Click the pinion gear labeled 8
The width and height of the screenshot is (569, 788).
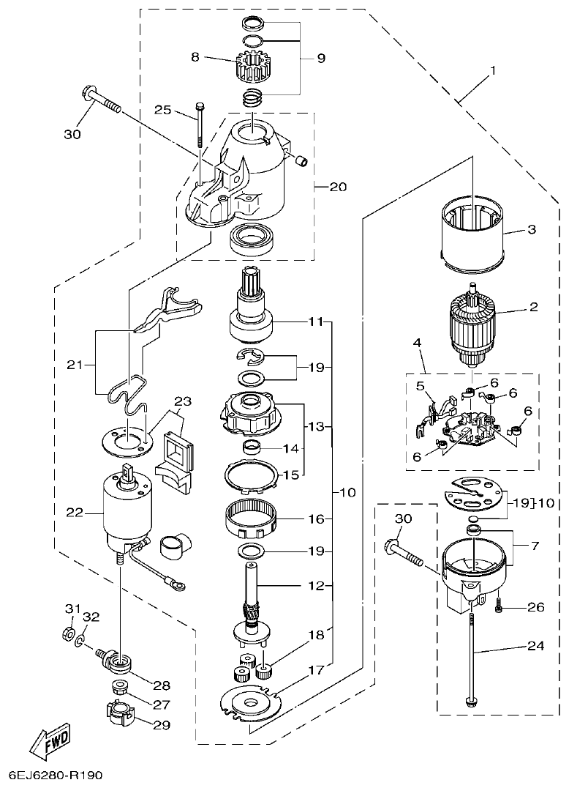tap(252, 67)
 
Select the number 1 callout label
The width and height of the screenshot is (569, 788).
tap(493, 71)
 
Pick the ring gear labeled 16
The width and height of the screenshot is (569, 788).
tap(252, 519)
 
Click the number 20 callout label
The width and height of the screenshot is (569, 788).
tap(337, 187)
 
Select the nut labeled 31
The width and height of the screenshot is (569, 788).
tap(67, 632)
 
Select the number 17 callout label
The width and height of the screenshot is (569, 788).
tap(315, 669)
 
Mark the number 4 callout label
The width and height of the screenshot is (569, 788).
tap(416, 342)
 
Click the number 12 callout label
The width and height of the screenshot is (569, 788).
tap(315, 585)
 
